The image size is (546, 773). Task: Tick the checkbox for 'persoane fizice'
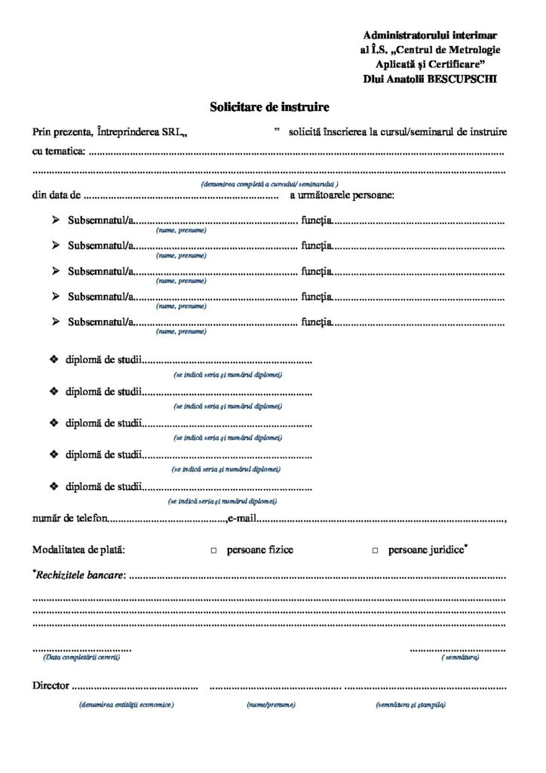[x=213, y=551]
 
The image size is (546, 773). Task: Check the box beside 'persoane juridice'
[x=375, y=551]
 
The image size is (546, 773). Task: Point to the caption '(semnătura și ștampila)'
[x=410, y=704]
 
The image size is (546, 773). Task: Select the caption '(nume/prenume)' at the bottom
[x=270, y=704]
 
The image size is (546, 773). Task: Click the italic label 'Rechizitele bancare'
[x=78, y=576]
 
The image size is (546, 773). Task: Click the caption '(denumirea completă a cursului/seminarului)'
[x=269, y=184]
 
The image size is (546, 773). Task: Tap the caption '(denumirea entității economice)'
[x=125, y=704]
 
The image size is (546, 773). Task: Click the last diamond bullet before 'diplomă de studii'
[x=54, y=487]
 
